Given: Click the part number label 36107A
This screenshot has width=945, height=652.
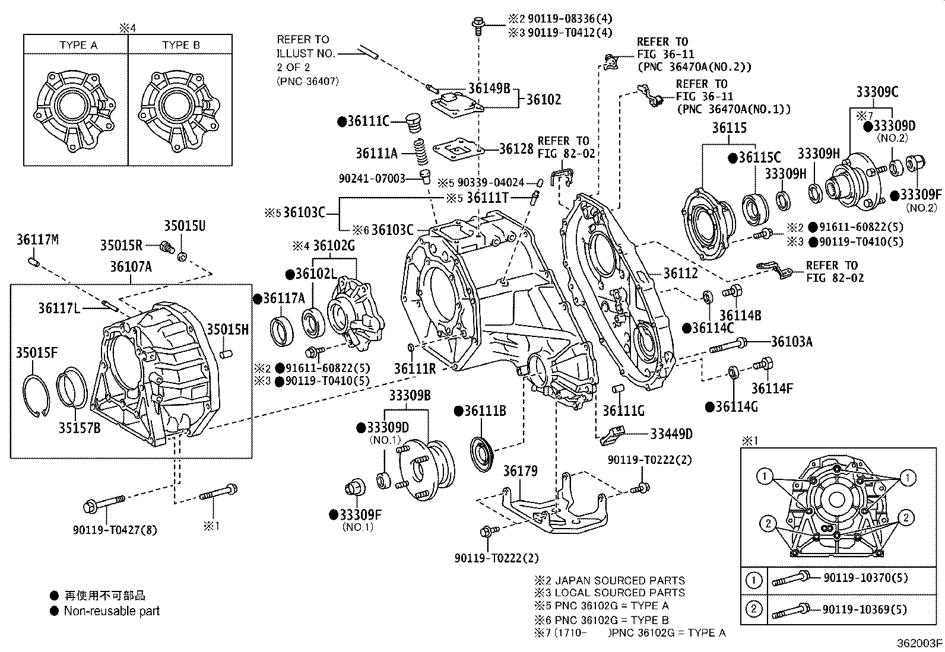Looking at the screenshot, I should [131, 267].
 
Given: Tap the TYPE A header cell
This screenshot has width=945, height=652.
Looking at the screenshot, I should [78, 45].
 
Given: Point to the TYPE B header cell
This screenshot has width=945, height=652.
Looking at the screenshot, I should [180, 45].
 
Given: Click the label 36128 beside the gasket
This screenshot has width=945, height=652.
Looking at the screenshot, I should [516, 148].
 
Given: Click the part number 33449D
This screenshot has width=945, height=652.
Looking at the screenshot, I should [671, 434].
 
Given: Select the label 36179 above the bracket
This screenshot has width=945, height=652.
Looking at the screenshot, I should [520, 471].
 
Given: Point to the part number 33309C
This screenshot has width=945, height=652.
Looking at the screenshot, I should [877, 92].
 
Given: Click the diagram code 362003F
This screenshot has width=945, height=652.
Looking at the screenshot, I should [919, 643].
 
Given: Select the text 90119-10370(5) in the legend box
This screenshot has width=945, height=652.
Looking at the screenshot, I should [865, 577].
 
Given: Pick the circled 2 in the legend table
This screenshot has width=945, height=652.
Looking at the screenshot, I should [754, 609].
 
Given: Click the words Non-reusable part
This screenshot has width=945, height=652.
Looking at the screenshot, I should [112, 610].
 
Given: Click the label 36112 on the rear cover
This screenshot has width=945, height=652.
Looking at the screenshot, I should [680, 273].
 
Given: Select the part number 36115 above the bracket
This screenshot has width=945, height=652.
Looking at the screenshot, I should [730, 128].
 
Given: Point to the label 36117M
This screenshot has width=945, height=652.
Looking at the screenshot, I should [37, 240].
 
